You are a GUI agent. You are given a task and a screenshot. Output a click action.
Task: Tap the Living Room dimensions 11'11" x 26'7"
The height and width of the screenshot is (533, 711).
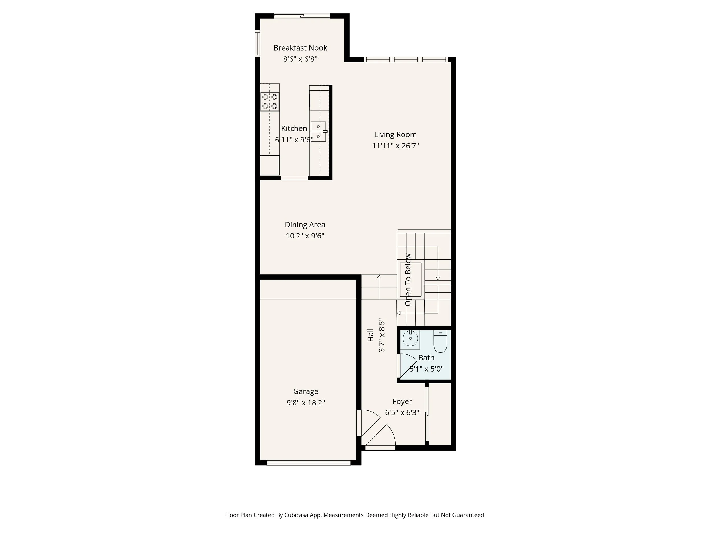[x=395, y=146]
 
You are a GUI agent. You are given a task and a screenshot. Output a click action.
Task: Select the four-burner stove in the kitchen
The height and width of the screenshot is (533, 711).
[x=269, y=101]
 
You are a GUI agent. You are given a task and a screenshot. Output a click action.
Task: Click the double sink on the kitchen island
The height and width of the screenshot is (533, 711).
[x=318, y=131]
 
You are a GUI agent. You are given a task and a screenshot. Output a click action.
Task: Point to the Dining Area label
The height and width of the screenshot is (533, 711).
[x=305, y=225]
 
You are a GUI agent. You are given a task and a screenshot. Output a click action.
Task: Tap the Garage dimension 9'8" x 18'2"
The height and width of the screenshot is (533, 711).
[x=305, y=403]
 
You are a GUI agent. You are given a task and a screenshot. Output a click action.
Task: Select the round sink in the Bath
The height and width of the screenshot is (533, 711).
[x=410, y=339]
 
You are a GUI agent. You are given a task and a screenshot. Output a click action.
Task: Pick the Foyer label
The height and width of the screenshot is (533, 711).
[x=402, y=401]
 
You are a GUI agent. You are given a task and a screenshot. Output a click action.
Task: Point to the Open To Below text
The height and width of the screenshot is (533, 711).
[x=408, y=279]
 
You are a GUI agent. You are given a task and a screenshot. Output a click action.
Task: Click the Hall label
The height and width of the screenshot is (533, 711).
[x=371, y=335]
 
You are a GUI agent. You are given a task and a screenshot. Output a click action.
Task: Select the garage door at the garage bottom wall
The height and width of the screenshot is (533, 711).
[x=308, y=463]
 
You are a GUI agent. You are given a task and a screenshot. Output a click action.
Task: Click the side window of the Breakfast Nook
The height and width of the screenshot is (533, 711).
[x=257, y=43]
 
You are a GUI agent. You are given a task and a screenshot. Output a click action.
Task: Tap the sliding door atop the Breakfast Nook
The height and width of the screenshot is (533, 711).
[x=302, y=16]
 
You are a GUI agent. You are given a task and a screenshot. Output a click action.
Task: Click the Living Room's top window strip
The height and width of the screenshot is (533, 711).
[x=406, y=59]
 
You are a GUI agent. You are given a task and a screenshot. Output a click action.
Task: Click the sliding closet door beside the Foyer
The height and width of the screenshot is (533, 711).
[x=427, y=414]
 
